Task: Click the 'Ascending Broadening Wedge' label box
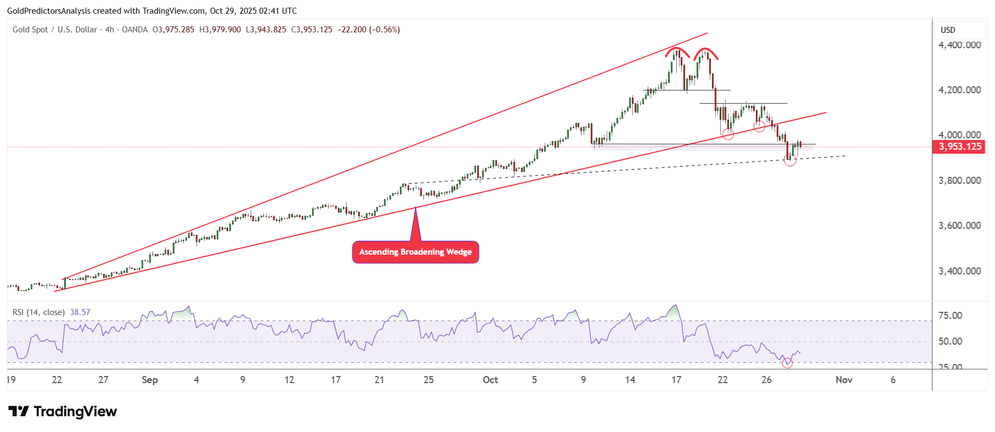pos(415,252)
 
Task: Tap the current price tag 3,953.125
pos(959,147)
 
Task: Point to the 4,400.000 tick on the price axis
pos(959,45)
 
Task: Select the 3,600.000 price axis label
pos(959,226)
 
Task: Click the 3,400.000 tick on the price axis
pos(959,271)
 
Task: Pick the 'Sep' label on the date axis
pos(149,380)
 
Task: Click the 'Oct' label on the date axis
pos(490,380)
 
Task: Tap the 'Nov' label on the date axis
pos(844,380)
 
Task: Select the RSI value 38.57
pos(80,312)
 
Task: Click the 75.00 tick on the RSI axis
pos(950,316)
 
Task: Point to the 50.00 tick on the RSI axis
pos(950,341)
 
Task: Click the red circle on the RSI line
pos(787,363)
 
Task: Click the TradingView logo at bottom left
pos(63,412)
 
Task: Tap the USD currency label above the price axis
pos(948,30)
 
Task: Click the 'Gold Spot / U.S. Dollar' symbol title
pos(55,30)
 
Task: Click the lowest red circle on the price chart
pos(790,160)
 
